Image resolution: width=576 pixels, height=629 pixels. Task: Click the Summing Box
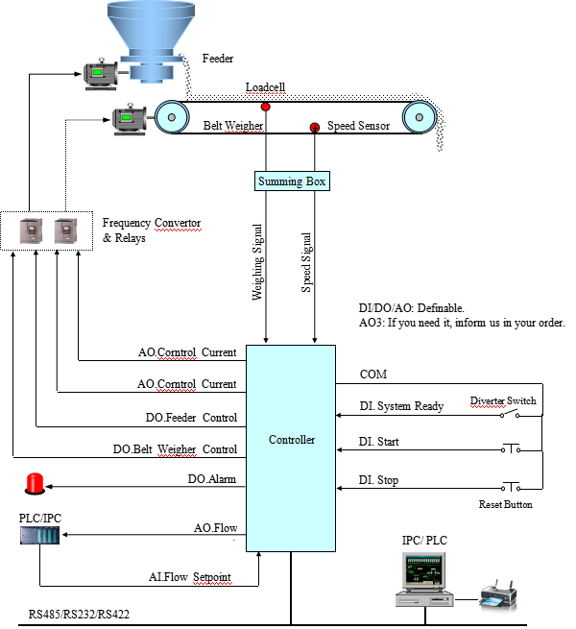click(x=292, y=181)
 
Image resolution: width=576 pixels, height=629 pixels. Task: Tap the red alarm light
click(x=36, y=483)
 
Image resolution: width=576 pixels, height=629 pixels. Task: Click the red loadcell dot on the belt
click(x=265, y=106)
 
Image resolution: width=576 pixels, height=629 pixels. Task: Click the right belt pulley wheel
click(x=419, y=118)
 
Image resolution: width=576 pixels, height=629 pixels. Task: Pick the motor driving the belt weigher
click(x=130, y=119)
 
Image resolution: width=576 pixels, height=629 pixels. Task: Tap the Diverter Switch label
click(x=502, y=400)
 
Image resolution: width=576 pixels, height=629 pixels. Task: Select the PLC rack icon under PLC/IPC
click(x=39, y=534)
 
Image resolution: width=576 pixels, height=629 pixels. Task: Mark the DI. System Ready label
click(x=401, y=406)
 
